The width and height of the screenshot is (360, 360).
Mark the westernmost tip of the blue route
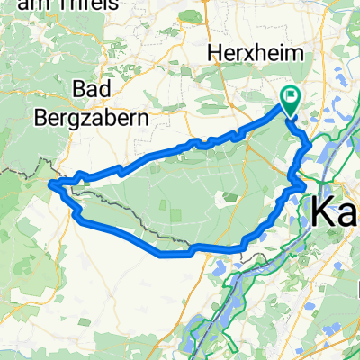[52, 185]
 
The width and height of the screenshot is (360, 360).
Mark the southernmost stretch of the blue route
[171, 254]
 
